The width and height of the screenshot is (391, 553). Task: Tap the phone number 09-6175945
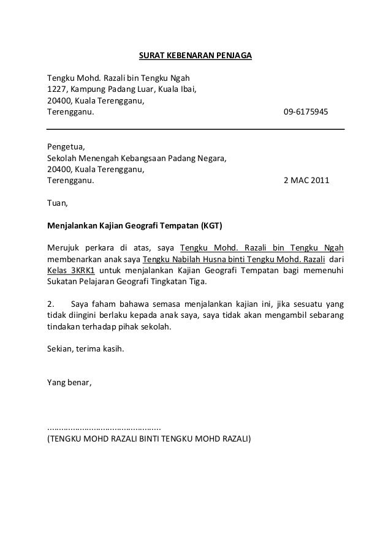pyautogui.click(x=306, y=113)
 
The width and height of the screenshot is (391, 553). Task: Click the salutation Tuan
pyautogui.click(x=58, y=204)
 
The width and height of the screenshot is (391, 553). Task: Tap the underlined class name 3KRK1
pyautogui.click(x=83, y=271)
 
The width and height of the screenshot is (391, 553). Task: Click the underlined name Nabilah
pyautogui.click(x=188, y=260)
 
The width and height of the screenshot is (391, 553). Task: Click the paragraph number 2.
pyautogui.click(x=50, y=304)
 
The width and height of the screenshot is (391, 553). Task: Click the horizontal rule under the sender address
pyautogui.click(x=195, y=129)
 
